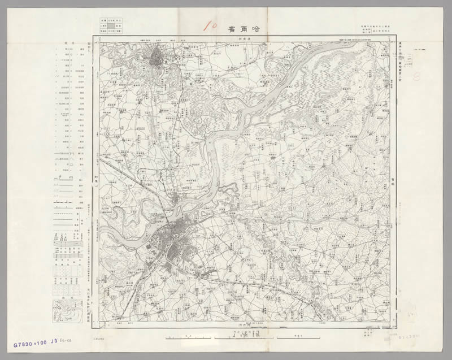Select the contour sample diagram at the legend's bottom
pyautogui.click(x=66, y=310)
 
